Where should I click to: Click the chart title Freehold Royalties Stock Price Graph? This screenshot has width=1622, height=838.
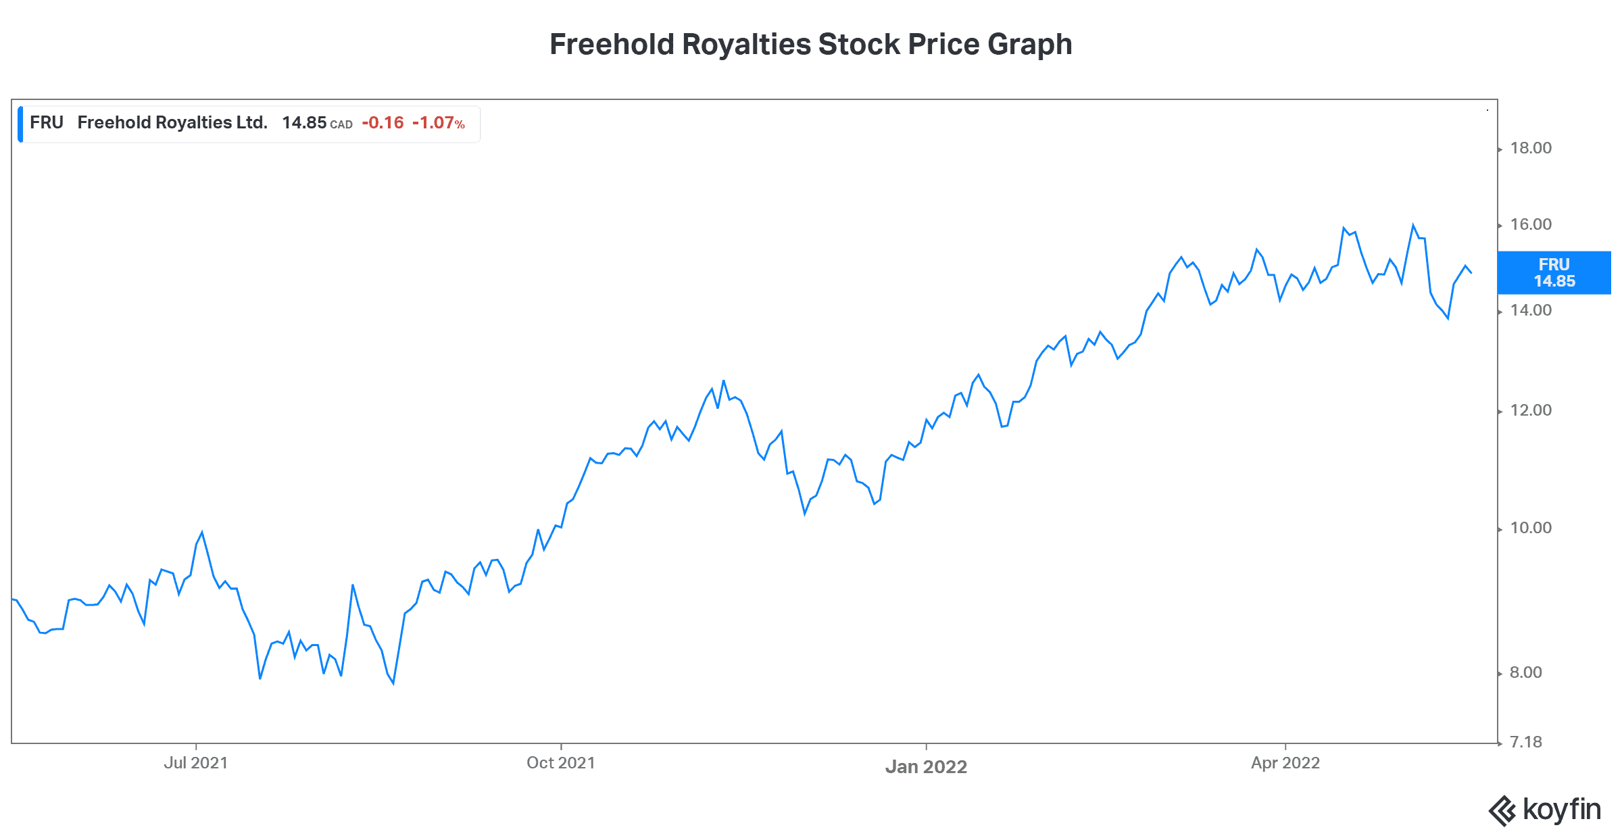coord(810,45)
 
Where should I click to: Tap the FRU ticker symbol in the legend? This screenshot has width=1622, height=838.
coord(46,122)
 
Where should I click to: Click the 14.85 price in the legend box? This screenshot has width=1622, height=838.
coord(304,122)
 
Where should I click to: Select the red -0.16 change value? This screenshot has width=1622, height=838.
coord(383,122)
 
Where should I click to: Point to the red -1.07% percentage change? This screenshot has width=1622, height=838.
coord(439,122)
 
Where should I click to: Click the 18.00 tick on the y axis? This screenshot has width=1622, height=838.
coord(1531,148)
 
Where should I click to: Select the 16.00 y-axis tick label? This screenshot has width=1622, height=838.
coord(1531,224)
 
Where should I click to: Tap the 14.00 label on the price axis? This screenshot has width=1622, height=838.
coord(1531,310)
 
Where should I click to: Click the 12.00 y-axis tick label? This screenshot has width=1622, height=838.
coord(1531,410)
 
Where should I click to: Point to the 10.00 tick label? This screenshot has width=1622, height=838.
coord(1531,528)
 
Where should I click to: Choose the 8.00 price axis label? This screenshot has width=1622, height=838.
coord(1526,672)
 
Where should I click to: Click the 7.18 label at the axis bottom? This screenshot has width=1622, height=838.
coord(1526,742)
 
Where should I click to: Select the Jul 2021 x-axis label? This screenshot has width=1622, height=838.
coord(196,763)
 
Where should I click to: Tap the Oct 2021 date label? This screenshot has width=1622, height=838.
coord(561,763)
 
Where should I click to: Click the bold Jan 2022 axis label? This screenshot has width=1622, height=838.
coord(926,766)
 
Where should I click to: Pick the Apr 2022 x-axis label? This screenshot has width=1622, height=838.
coord(1285,763)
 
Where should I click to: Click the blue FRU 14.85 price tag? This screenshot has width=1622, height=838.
coord(1554,273)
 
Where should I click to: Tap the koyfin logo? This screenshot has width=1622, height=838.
coord(1545,810)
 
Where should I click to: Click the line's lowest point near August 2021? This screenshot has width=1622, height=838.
coord(393,683)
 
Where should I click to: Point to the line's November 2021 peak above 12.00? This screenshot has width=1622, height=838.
coord(724,381)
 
